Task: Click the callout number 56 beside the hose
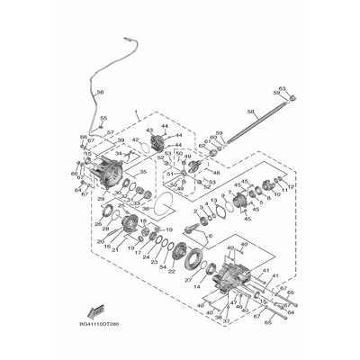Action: [x=100, y=93]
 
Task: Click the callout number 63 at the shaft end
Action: [x=282, y=88]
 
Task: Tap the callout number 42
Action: [x=136, y=140]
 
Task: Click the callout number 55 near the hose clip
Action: [x=103, y=118]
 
